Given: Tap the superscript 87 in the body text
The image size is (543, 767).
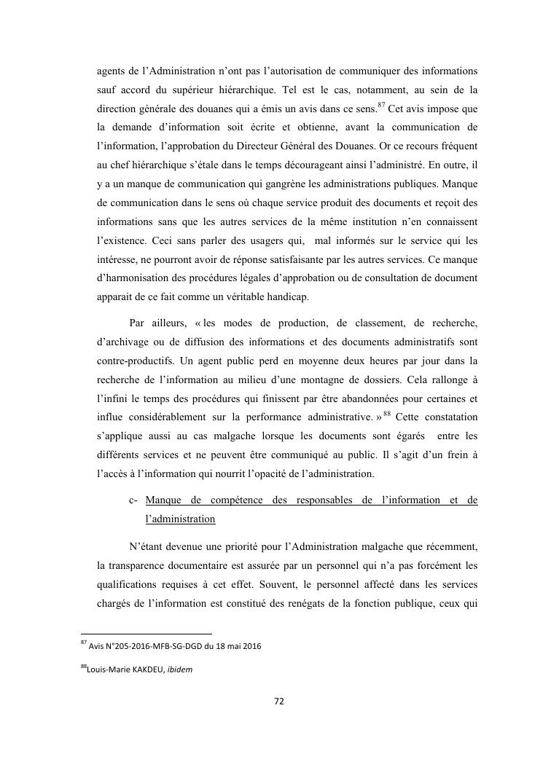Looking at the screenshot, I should [x=380, y=104].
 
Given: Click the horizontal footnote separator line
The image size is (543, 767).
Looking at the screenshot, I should [x=146, y=634].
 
